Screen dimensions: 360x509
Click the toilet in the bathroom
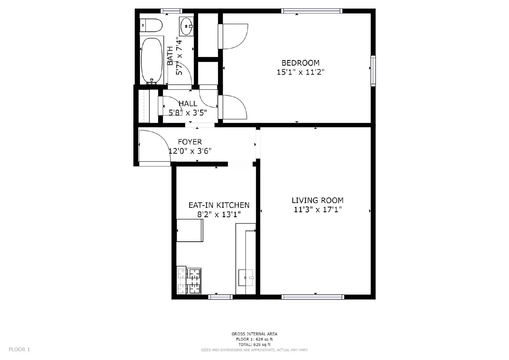152,25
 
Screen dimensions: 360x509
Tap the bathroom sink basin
186,26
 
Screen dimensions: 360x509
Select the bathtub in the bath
151,60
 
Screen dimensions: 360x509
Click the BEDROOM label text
300,63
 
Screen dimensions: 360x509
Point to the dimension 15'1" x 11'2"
300,72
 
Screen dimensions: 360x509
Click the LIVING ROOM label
317,200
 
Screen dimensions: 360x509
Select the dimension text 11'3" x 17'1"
317,210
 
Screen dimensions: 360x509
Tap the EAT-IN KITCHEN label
219,205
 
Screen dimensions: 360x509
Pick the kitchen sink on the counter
246,278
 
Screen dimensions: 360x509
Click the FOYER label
190,142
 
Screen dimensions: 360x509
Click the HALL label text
188,104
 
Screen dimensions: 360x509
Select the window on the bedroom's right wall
373,71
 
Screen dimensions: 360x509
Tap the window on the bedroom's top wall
312,11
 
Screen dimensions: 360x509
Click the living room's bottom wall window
313,297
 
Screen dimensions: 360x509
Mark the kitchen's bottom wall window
220,297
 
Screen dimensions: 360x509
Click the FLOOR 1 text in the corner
19,350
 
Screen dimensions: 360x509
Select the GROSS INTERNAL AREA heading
254,334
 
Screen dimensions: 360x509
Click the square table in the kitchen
190,231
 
